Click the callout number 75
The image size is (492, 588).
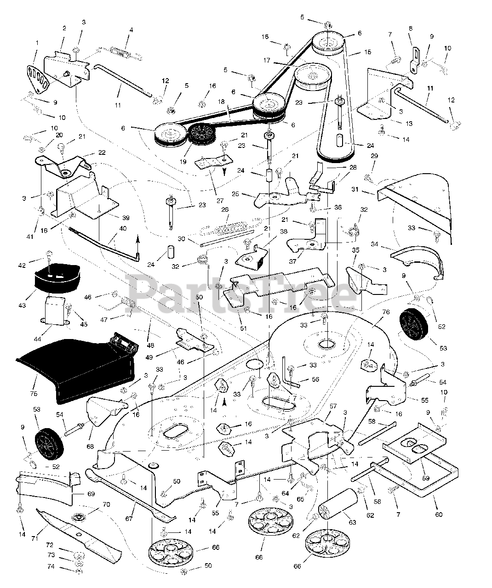click(35, 380)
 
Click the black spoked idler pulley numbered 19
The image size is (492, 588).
click(200, 134)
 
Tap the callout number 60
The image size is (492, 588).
click(438, 514)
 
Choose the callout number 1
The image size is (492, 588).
click(37, 43)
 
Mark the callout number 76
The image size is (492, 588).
click(385, 312)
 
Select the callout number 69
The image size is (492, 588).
click(91, 494)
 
